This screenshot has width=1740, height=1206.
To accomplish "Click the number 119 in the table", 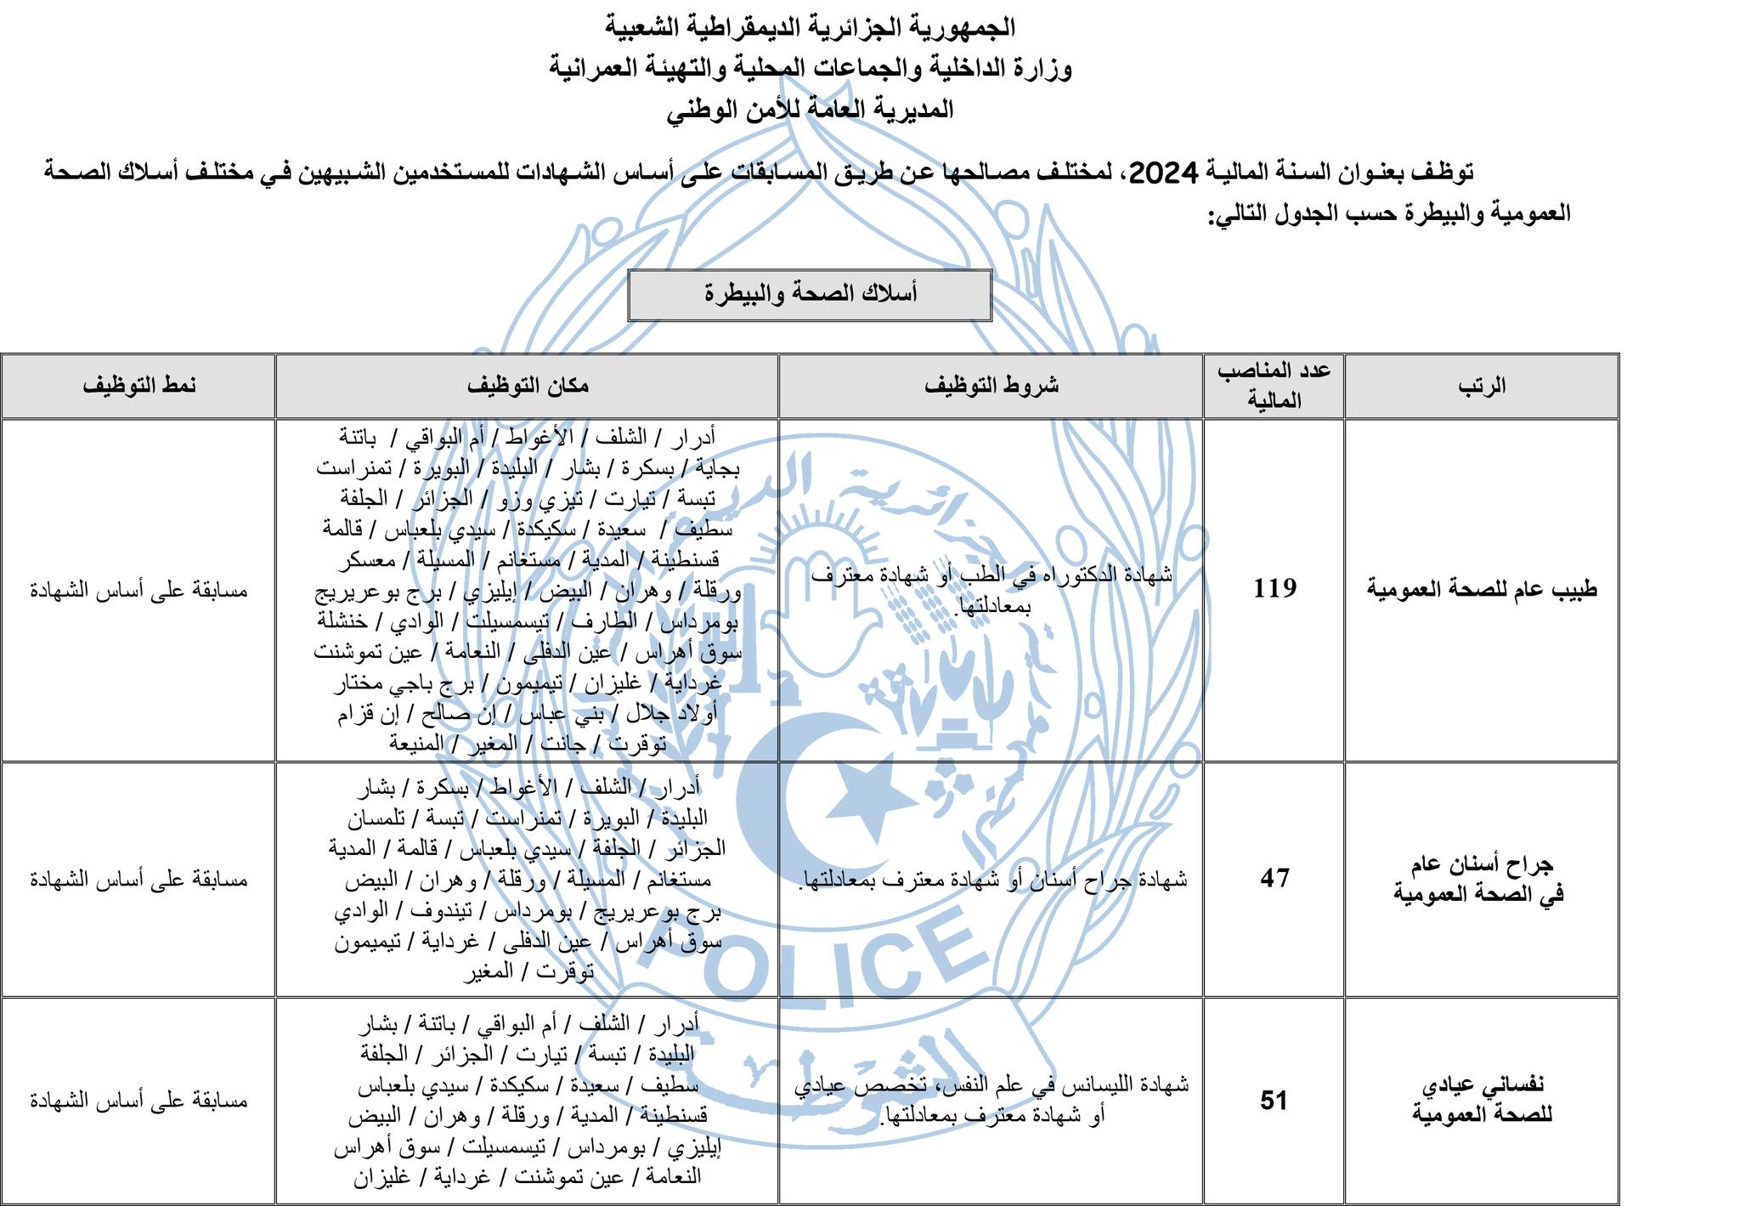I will (x=1274, y=588).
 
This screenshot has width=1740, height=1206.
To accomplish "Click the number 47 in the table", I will (x=1274, y=878).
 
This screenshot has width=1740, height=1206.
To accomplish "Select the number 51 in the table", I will (x=1274, y=1101).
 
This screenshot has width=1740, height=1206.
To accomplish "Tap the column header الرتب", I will (x=1482, y=386).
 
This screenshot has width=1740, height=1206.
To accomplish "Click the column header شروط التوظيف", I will (x=991, y=385).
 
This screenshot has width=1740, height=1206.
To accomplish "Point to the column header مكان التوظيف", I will (x=528, y=385).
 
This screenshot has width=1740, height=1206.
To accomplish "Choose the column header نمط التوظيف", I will (x=138, y=385).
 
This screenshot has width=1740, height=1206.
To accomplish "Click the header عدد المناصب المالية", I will (x=1274, y=386).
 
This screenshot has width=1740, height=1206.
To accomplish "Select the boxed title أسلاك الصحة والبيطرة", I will (x=810, y=294).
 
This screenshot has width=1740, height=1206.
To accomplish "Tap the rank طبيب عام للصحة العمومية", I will (x=1482, y=589).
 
